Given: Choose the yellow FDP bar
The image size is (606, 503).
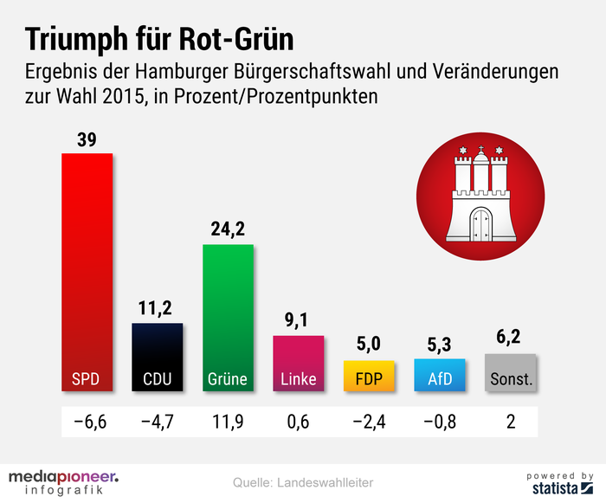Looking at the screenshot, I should click(370, 375).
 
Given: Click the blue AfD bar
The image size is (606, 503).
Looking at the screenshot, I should click(440, 374).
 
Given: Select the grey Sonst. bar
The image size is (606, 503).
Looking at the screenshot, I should click(512, 373).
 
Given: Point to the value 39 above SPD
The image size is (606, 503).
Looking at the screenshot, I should click(87, 139).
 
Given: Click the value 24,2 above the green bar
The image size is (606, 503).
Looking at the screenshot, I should click(228, 229).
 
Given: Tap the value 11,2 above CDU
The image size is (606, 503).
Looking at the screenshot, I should click(157, 308).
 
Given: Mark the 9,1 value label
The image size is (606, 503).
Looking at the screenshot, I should click(299, 320).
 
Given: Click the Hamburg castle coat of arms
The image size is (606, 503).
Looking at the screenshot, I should click(480, 197).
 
